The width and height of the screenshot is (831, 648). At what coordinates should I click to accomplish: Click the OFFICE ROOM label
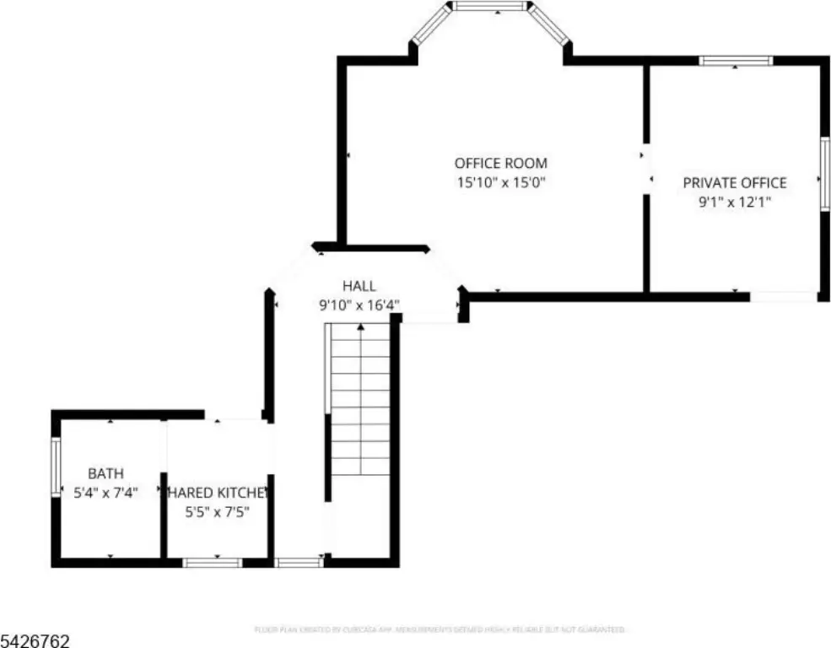500,163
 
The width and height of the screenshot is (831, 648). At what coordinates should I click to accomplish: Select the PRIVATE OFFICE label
734,182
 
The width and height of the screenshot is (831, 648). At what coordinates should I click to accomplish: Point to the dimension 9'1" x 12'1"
734,202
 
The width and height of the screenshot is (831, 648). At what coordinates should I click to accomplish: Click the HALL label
359,287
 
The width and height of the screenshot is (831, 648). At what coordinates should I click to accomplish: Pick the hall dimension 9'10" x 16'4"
359,305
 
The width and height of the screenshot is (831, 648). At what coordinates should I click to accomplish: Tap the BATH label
105,472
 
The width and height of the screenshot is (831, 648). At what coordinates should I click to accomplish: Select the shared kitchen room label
217,492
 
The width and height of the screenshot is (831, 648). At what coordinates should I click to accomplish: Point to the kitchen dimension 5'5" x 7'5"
217,510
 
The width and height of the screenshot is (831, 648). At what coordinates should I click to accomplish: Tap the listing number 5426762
35,640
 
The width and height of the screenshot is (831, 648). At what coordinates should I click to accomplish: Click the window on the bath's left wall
56,465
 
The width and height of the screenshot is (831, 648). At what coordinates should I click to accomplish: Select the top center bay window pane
489,7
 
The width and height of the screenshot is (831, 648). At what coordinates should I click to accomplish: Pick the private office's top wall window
736,61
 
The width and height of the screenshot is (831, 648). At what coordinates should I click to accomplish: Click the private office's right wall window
824,173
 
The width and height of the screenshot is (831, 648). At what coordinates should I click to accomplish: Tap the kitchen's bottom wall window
213,562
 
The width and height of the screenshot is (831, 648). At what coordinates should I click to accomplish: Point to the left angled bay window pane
429,25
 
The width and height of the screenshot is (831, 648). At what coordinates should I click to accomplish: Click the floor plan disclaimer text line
439,629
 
